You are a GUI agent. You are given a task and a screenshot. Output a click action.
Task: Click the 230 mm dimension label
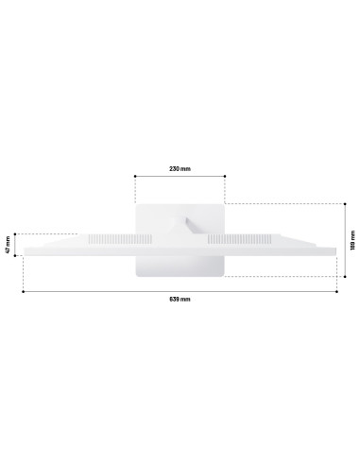coord(180,168)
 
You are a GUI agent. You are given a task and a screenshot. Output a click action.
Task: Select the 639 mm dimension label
coord(180,299)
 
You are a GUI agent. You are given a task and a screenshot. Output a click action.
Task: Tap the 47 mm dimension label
coord(8,245)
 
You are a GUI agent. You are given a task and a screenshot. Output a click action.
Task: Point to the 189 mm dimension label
coord(352,240)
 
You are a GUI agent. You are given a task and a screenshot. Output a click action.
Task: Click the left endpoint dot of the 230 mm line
coord(135,176)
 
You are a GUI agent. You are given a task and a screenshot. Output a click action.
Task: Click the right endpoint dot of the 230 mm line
coord(225,176)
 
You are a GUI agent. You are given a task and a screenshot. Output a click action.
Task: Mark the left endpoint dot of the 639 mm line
coord(23,292)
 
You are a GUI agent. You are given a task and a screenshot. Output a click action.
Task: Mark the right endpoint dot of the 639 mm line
coord(336,292)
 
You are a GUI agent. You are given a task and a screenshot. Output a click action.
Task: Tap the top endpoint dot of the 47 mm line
coord(15,234)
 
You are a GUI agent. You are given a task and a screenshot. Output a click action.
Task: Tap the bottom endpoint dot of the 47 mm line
coord(15,255)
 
